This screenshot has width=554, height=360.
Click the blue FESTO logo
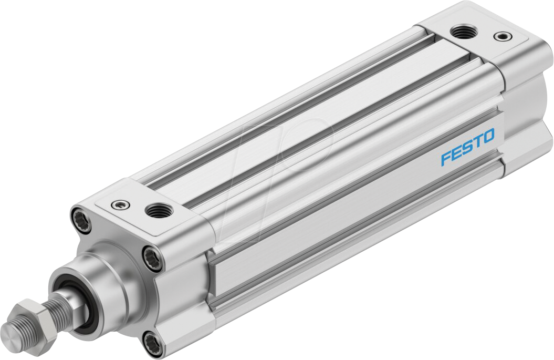(x=467, y=148)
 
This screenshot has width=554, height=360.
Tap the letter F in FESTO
(x=446, y=158)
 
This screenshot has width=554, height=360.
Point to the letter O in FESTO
(x=488, y=137)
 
